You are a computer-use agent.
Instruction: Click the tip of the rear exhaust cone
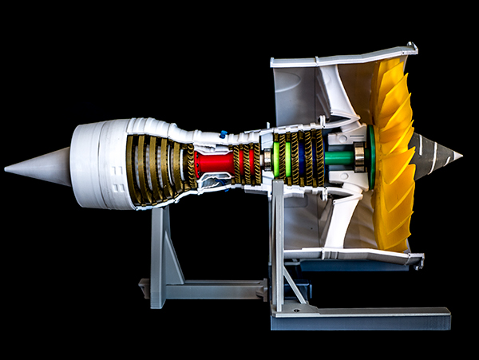click(x=7, y=168)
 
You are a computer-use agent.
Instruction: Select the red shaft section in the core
click(x=214, y=164)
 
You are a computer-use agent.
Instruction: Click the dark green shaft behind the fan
click(x=338, y=158)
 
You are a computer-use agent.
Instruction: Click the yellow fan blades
click(x=393, y=152)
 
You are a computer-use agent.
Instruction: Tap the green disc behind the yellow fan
click(x=370, y=156)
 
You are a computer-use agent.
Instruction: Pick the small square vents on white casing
click(x=118, y=188)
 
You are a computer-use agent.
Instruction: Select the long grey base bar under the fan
click(x=359, y=318)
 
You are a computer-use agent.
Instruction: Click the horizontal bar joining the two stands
click(x=216, y=287)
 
